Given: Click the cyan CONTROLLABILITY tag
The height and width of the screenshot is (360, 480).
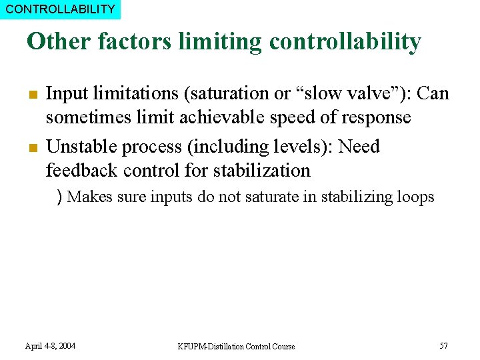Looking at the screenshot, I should click(x=60, y=9).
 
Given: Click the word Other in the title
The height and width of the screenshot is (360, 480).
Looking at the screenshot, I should click(x=58, y=41).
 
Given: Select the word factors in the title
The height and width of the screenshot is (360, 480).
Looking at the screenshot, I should click(x=136, y=41).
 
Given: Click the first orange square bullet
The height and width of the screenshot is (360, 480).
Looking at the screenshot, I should click(x=31, y=94).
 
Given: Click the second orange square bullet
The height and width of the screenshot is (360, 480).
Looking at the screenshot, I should click(x=31, y=147).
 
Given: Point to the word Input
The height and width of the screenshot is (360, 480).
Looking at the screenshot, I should click(x=65, y=93).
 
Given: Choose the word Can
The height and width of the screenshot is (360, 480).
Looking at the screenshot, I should click(x=433, y=93).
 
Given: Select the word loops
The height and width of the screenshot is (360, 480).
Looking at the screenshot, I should click(x=416, y=197).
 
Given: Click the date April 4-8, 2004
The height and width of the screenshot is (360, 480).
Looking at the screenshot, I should click(x=50, y=346).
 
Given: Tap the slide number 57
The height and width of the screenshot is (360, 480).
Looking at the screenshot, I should click(x=443, y=345).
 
